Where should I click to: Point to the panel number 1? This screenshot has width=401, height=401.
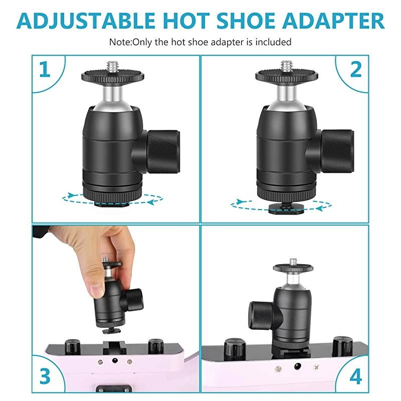45,70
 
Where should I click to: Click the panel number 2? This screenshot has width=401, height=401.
355,70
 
